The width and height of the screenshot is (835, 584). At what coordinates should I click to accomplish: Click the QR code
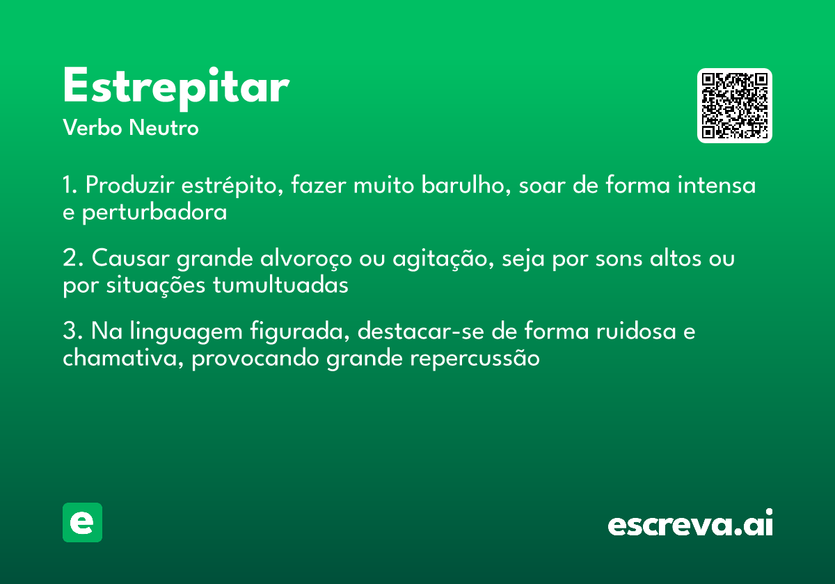[x=735, y=106]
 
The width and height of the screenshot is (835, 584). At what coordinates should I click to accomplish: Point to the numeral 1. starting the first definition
[x=70, y=186]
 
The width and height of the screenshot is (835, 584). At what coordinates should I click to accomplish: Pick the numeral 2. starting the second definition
[x=72, y=259]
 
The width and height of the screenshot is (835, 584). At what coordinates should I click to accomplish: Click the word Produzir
[x=131, y=186]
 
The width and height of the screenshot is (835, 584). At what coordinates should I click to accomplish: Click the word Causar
[x=131, y=259]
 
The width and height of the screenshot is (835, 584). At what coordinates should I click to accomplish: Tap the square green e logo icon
[x=82, y=523]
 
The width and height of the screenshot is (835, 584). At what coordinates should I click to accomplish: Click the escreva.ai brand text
[x=690, y=524]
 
